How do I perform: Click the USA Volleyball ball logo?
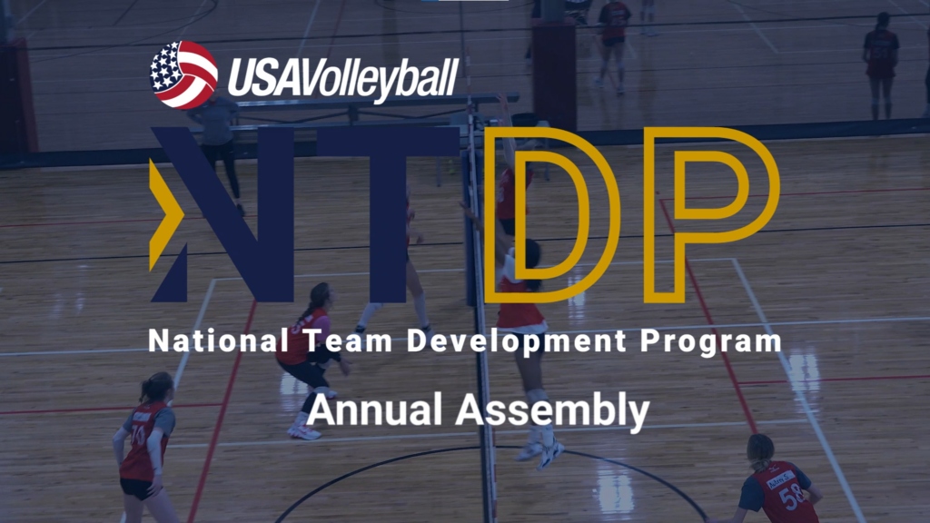click(x=183, y=75)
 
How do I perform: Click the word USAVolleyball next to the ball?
click(x=341, y=77)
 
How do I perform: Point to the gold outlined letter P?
click(x=716, y=214)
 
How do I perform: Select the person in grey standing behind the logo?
click(x=218, y=136)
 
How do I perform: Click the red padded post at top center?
click(x=554, y=73)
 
